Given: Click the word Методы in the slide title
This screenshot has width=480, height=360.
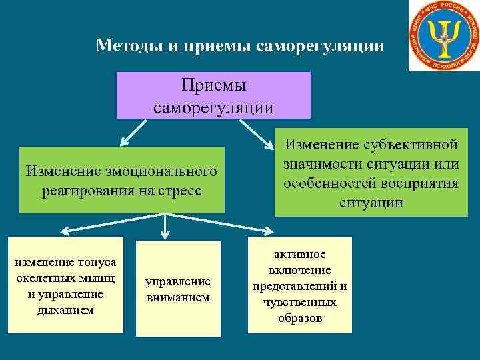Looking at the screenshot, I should pos(125,46).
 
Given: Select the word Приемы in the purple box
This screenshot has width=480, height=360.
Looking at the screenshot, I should pos(213,86).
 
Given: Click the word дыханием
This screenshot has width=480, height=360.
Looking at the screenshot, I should pos(66,309).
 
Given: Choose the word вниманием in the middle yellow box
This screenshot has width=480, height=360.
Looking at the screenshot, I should pos(178,297).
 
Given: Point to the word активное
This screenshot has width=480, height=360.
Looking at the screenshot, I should pos(300,255).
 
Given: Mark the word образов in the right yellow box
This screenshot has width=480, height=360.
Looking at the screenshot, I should pos(300,318).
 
